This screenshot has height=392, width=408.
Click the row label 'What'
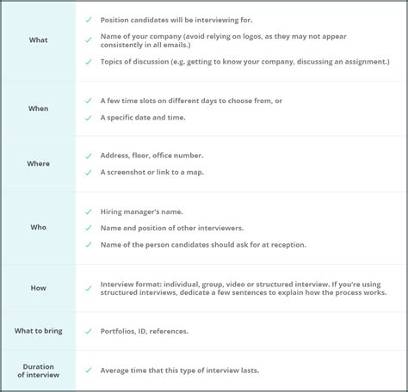(x=38, y=40)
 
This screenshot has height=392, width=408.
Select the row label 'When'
(x=38, y=108)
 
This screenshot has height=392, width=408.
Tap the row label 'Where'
(x=38, y=163)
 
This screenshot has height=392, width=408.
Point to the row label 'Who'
(x=38, y=228)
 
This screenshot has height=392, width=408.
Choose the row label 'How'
(x=38, y=288)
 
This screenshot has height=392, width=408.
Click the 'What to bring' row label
(x=38, y=331)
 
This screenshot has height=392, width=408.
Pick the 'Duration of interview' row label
(x=38, y=370)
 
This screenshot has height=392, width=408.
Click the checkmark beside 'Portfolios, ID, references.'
(x=88, y=331)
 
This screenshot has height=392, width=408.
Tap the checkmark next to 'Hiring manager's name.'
(x=88, y=211)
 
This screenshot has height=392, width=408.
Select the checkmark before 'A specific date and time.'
(x=88, y=117)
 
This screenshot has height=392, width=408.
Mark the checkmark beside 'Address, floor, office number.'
(x=88, y=156)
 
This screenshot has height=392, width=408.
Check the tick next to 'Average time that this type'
(x=88, y=371)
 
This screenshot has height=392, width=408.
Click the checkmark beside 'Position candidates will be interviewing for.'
(x=88, y=19)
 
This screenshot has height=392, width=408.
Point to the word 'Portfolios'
(x=118, y=331)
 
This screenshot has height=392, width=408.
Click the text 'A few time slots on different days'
(x=169, y=101)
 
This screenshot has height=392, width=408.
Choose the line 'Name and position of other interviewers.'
(x=172, y=228)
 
